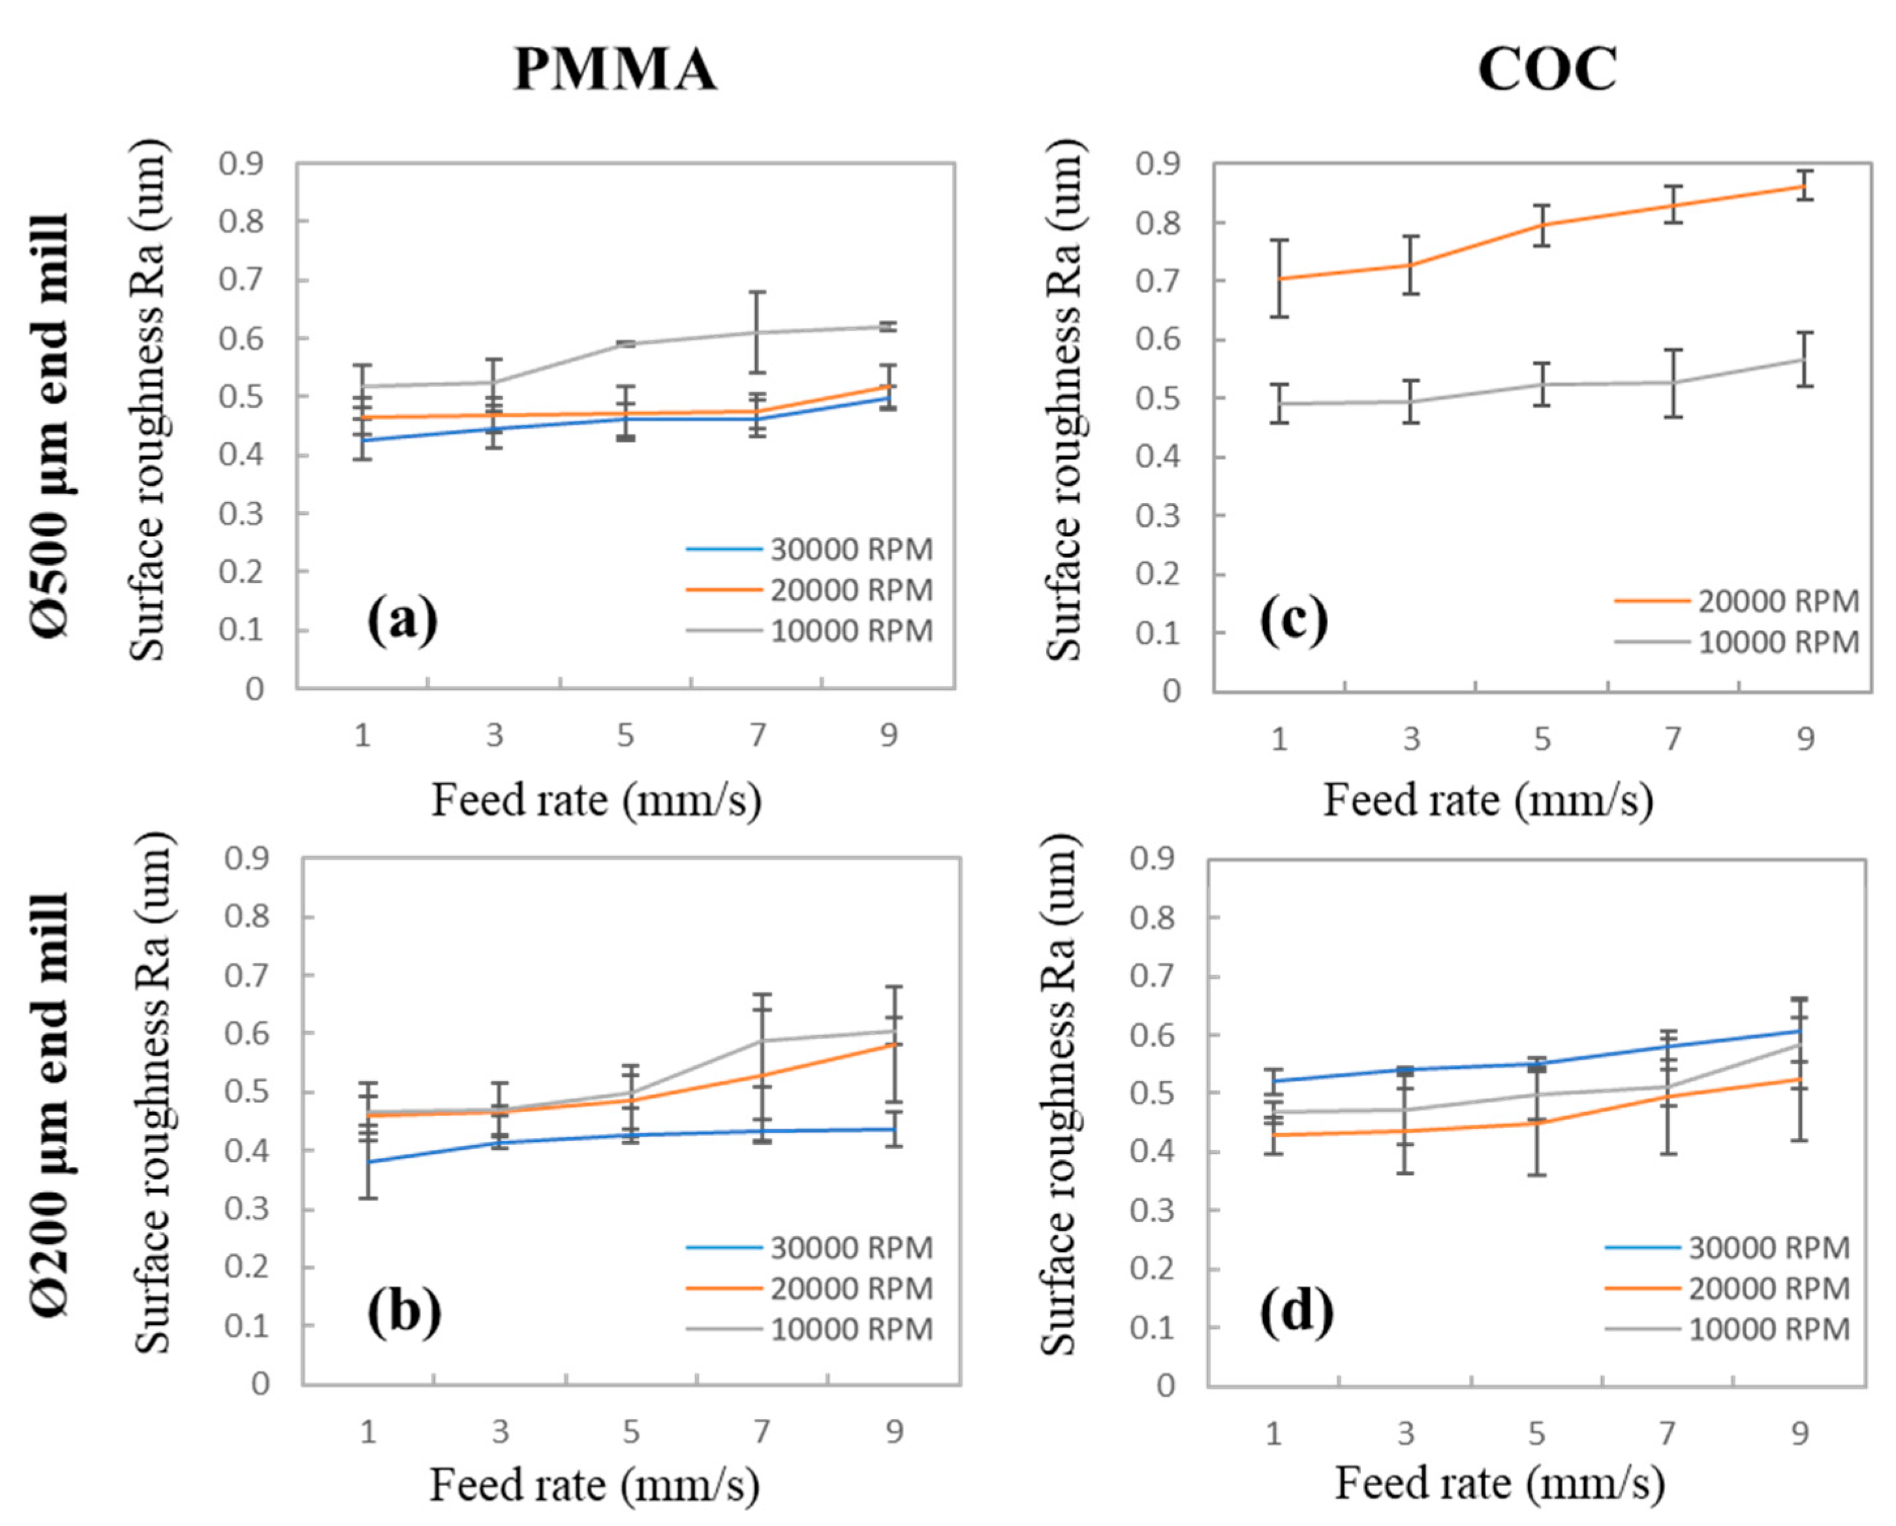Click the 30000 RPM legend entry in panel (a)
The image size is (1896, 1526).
pyautogui.click(x=851, y=550)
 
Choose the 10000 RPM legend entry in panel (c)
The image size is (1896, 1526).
pyautogui.click(x=1778, y=643)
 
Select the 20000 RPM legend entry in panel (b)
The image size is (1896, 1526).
pyautogui.click(x=851, y=1288)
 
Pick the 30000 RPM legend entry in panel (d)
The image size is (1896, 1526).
pyautogui.click(x=1769, y=1248)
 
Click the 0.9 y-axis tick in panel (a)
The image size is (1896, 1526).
pyautogui.click(x=242, y=164)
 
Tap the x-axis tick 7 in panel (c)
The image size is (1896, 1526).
pyautogui.click(x=1673, y=738)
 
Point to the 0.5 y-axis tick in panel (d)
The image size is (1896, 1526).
pyautogui.click(x=1152, y=1093)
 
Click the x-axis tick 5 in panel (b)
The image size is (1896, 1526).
pyautogui.click(x=630, y=1432)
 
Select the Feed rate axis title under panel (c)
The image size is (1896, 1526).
pyautogui.click(x=1488, y=800)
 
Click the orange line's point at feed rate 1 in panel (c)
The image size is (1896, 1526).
pyautogui.click(x=1279, y=279)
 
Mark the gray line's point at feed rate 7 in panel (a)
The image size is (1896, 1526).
pyautogui.click(x=758, y=332)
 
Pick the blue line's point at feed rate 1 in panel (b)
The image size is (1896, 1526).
pyautogui.click(x=369, y=1162)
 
